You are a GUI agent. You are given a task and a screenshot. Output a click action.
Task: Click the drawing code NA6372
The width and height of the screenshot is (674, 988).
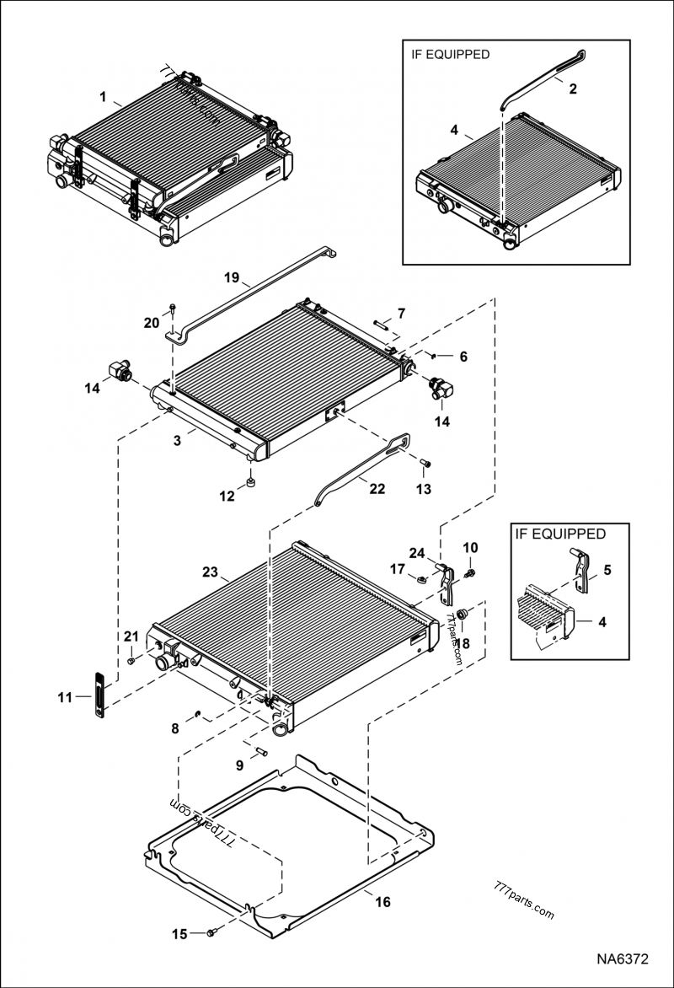tap(623, 959)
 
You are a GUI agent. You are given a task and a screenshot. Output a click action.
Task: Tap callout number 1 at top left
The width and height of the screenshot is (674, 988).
tap(103, 98)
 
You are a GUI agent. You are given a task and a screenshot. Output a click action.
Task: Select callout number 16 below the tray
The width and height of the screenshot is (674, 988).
tap(382, 902)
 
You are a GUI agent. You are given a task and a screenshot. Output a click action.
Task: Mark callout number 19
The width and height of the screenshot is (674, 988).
tap(233, 277)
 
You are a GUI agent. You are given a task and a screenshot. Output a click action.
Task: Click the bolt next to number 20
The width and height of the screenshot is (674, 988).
tap(172, 309)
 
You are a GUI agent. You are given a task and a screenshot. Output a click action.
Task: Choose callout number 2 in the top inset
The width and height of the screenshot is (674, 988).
tap(572, 88)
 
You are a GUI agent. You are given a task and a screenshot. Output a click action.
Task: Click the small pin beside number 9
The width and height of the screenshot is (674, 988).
tap(259, 751)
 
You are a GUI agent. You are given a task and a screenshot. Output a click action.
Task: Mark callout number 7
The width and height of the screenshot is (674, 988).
tap(401, 314)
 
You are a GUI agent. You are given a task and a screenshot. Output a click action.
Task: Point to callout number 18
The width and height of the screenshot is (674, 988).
tap(463, 642)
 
